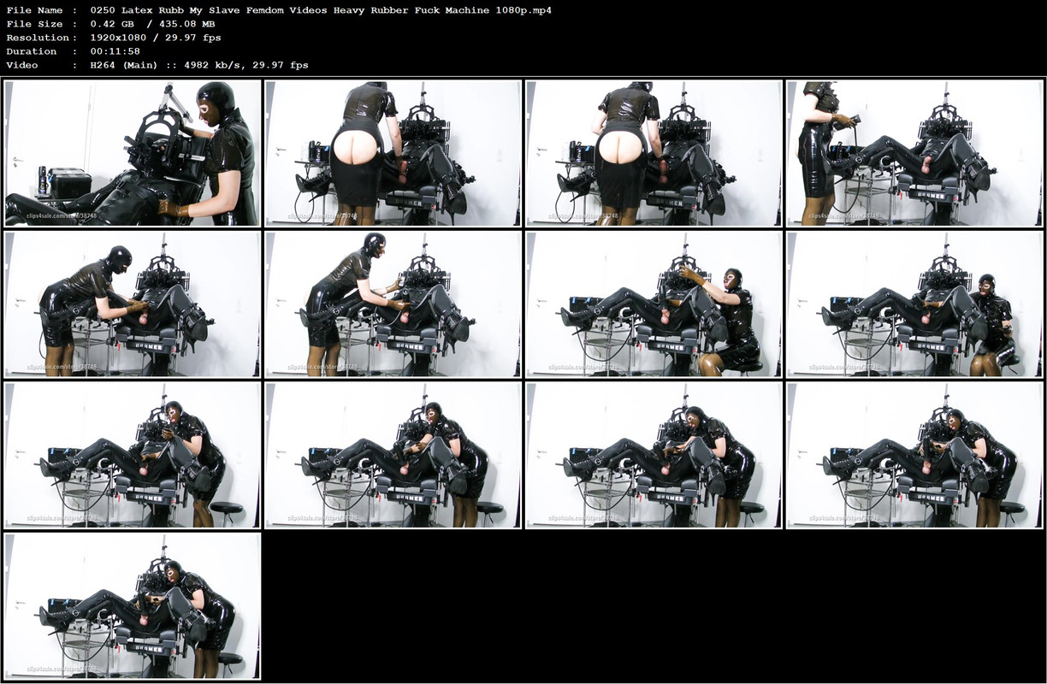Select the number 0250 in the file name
tap(103, 10)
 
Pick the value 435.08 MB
tap(184, 24)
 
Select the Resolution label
tap(37, 38)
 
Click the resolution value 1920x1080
tap(121, 38)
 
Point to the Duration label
tap(32, 51)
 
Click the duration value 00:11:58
tap(115, 51)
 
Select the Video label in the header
tap(22, 65)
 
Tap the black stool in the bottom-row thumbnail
tap(229, 660)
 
